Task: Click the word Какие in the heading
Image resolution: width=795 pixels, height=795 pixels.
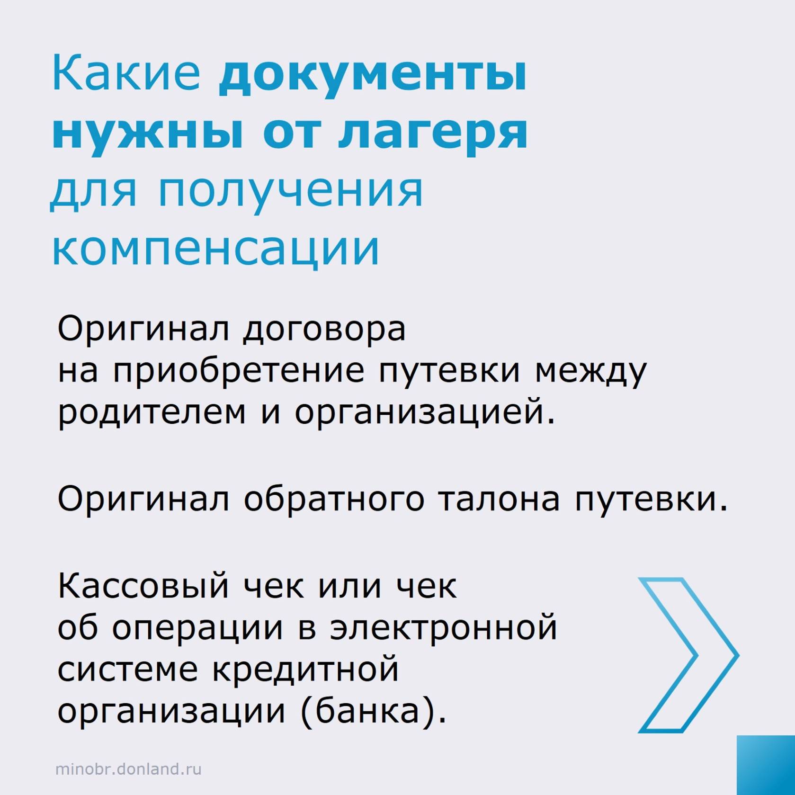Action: coord(126,73)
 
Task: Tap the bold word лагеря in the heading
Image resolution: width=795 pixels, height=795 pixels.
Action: coord(433,135)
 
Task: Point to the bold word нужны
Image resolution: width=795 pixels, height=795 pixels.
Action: coord(148,132)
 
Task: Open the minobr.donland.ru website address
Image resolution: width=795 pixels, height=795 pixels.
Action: coord(128,769)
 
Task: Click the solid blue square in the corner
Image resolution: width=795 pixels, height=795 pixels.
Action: coord(766,765)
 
